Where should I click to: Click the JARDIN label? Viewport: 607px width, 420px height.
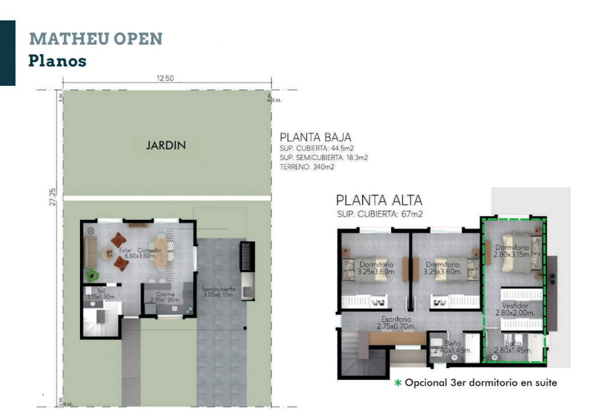point(166,145)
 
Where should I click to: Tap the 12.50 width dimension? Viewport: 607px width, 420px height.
point(165,78)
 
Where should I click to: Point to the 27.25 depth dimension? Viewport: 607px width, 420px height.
point(53,197)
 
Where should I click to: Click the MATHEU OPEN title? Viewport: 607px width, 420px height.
point(96,39)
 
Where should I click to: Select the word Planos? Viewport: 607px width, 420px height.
point(57,61)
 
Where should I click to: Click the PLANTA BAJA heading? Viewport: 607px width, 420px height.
point(315,137)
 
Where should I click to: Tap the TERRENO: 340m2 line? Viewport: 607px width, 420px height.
point(307,167)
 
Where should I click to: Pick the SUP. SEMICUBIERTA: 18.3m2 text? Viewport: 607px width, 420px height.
point(324,158)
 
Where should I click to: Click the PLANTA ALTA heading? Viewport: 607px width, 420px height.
point(379,200)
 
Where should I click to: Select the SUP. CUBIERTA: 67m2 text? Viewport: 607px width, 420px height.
point(379,214)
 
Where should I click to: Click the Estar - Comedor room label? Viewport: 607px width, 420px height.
point(140,253)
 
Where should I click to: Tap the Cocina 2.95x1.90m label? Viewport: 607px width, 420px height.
point(165,297)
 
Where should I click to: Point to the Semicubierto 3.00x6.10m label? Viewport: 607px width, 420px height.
point(218,292)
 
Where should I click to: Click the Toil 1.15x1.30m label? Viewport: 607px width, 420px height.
point(101,294)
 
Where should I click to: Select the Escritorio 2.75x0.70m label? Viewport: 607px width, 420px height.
point(396,322)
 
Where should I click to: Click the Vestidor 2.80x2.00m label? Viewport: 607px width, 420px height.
point(515,309)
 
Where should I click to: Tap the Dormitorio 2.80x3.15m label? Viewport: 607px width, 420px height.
point(512,251)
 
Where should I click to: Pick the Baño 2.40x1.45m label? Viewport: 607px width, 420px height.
point(453,347)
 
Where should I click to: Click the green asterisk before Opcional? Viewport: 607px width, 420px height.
point(398,383)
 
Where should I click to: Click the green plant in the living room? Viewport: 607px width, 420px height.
point(92,275)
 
